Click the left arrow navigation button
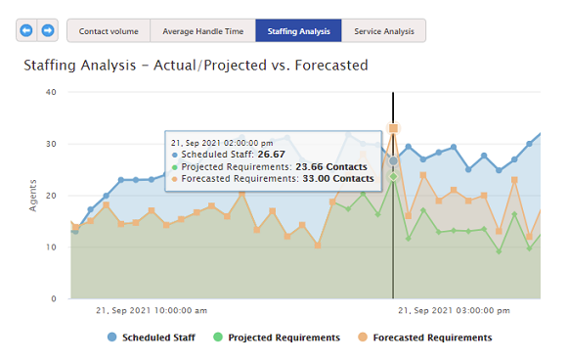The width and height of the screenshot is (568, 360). click(x=26, y=30)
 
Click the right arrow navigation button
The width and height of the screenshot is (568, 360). click(x=48, y=30)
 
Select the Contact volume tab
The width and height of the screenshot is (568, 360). click(x=109, y=31)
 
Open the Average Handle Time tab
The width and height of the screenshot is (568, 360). click(x=202, y=31)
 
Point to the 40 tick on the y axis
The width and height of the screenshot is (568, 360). click(x=51, y=93)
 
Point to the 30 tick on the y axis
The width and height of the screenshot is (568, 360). click(x=51, y=145)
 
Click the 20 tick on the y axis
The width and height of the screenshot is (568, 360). click(x=51, y=196)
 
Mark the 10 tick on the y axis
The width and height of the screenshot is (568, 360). click(x=51, y=247)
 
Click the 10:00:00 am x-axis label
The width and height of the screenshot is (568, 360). click(x=152, y=311)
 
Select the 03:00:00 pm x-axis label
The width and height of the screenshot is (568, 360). click(x=454, y=311)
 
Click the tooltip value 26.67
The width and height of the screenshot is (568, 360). click(x=271, y=154)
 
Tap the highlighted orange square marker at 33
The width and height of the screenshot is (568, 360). click(x=393, y=128)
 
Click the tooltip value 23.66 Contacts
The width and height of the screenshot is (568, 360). click(x=334, y=166)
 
